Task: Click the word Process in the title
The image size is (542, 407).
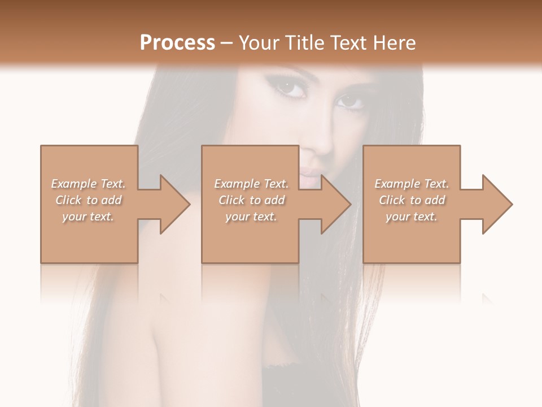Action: (177, 43)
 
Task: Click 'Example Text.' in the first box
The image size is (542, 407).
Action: (88, 184)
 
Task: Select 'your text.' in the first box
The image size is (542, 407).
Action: (88, 217)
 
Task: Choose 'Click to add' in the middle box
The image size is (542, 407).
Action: (251, 200)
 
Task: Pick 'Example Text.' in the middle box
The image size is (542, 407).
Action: (251, 184)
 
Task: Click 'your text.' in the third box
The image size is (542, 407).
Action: (412, 217)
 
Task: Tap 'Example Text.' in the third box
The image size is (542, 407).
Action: (412, 184)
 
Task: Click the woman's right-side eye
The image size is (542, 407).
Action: (351, 101)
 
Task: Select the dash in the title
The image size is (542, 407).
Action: (227, 43)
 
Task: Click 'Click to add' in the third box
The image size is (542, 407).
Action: (412, 200)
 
